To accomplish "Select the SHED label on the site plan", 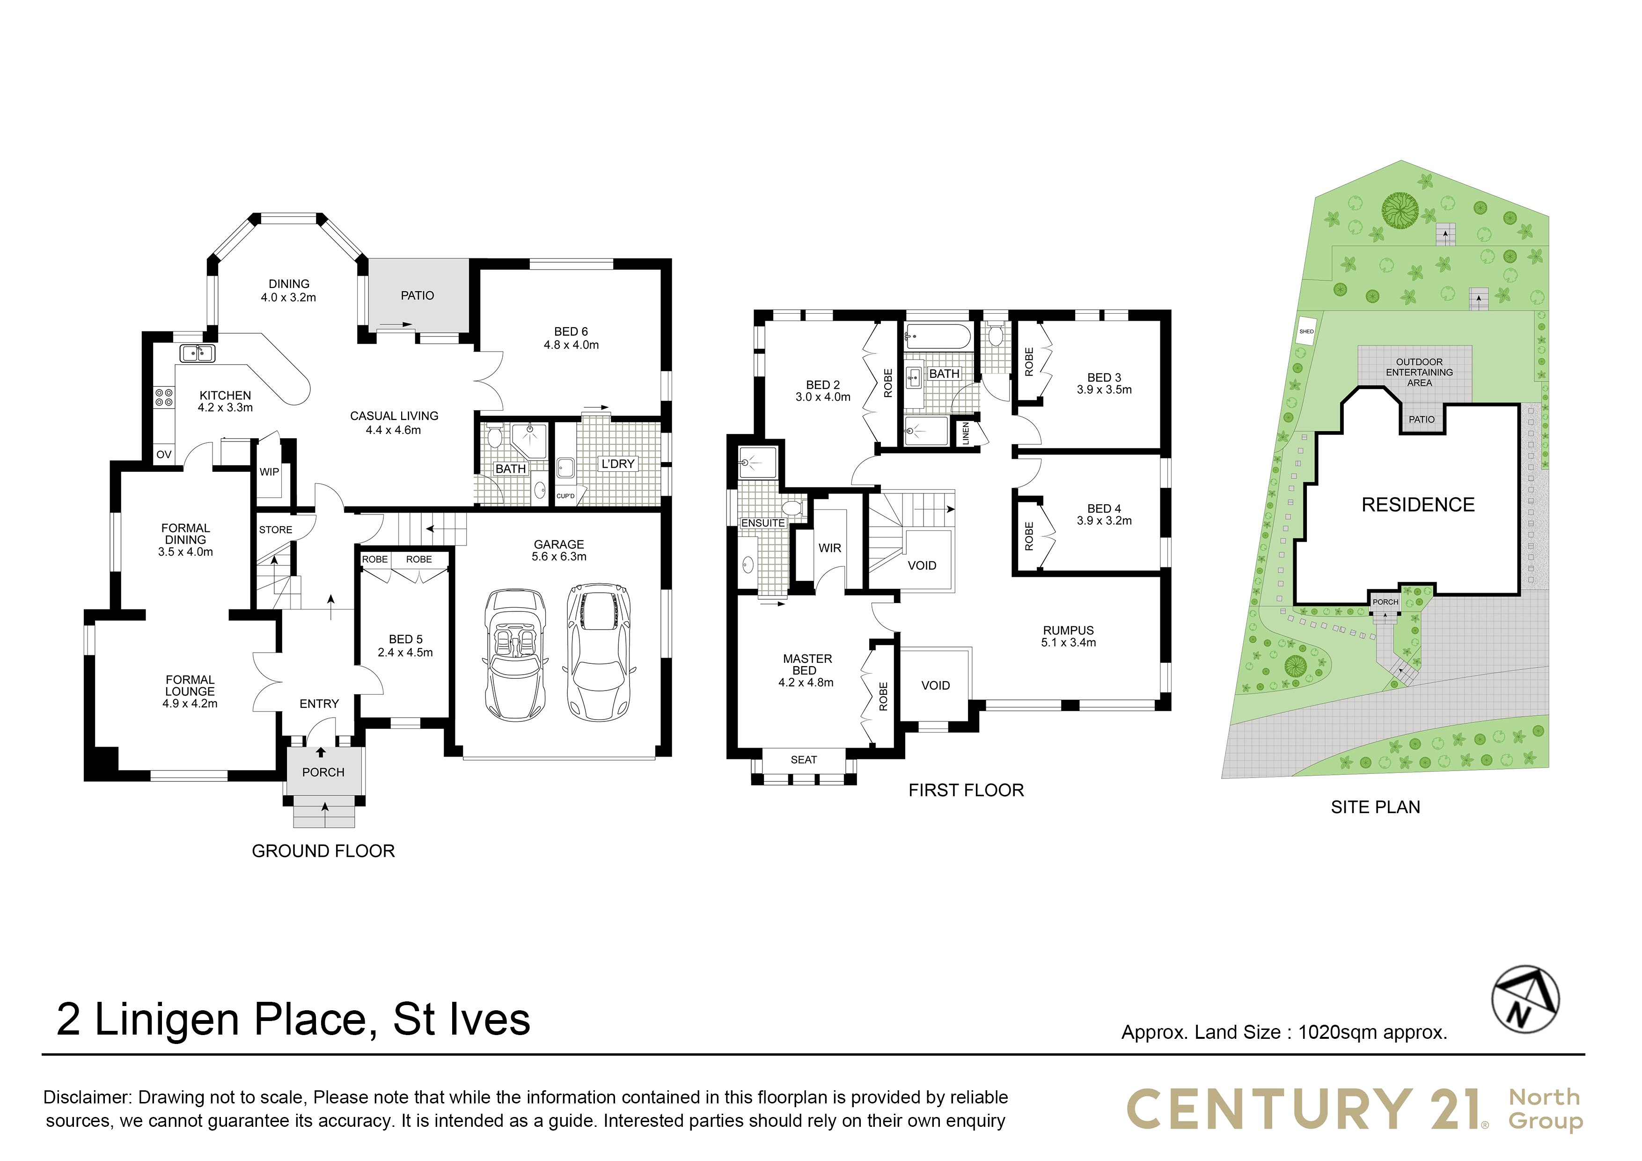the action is (1306, 331).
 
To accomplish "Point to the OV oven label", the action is (164, 454).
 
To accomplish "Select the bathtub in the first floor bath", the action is (938, 336).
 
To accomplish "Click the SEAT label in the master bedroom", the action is (804, 760).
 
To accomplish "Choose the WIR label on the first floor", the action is (829, 548).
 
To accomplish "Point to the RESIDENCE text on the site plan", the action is (1418, 505).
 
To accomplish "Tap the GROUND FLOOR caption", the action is (323, 851).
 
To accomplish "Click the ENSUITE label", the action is (763, 523).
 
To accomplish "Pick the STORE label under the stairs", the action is (275, 530).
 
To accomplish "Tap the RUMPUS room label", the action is (1069, 630).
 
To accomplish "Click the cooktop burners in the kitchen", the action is (164, 398).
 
